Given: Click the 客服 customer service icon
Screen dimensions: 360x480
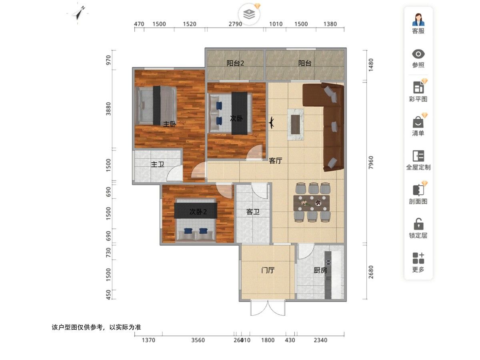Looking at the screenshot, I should (418, 19).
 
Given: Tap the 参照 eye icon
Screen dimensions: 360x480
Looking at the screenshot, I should (418, 54).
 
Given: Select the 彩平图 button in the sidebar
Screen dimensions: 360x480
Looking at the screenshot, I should (418, 88).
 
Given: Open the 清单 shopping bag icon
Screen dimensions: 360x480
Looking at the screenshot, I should (418, 122).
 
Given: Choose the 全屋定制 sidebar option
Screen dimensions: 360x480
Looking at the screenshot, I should (418, 156).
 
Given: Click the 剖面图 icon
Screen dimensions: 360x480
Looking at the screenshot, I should (418, 190).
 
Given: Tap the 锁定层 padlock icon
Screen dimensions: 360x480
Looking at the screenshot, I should (418, 224).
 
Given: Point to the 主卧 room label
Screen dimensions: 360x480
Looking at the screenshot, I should (169, 124).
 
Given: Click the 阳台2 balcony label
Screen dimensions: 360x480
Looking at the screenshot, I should (235, 63).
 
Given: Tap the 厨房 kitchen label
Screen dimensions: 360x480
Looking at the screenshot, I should (320, 270).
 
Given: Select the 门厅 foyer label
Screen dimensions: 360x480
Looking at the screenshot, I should (268, 270).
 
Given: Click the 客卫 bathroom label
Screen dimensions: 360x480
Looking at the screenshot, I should (252, 212).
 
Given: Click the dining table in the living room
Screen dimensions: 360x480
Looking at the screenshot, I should (313, 202).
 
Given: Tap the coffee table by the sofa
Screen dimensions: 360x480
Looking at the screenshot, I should (296, 124).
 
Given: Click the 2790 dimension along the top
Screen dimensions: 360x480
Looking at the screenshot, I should (235, 24).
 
